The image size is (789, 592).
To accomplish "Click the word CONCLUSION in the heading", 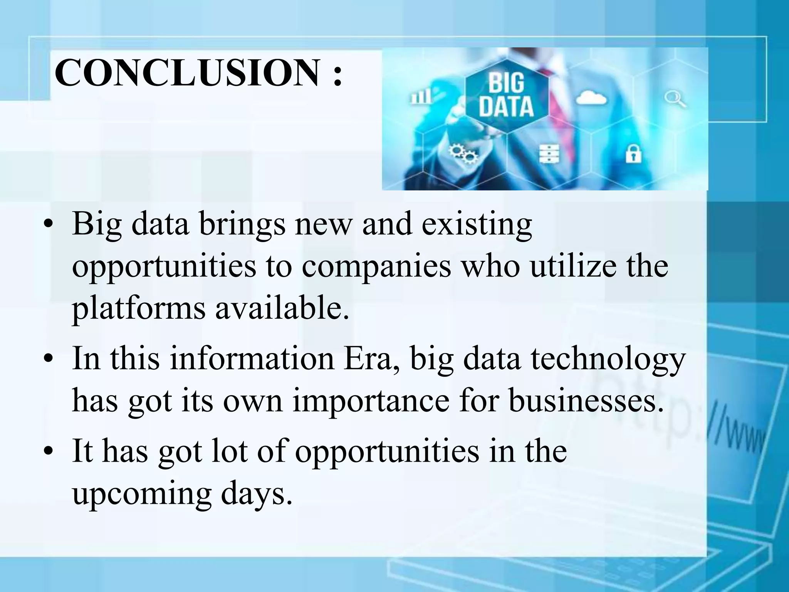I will (x=187, y=72).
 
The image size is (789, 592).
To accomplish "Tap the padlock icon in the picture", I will (x=633, y=153).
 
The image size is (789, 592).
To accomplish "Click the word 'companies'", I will (x=376, y=267).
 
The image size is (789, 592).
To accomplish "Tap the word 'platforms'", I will (x=139, y=309).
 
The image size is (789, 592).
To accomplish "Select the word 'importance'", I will (x=371, y=401).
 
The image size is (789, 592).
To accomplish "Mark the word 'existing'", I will (x=477, y=224).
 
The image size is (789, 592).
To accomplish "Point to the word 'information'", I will (x=252, y=358).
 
